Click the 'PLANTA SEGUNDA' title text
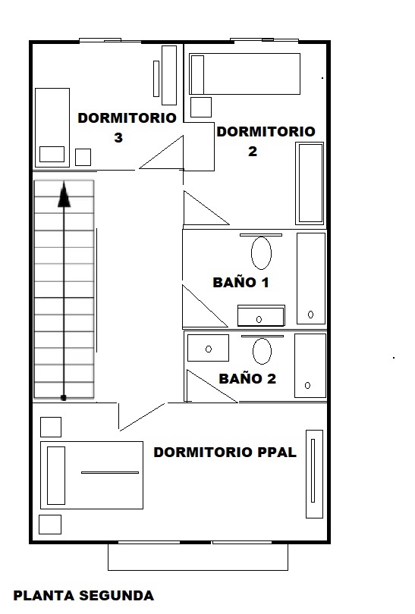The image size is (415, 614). pyautogui.click(x=83, y=596)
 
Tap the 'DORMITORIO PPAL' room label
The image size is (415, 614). pyautogui.click(x=225, y=453)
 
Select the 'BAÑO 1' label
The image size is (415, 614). pyautogui.click(x=241, y=282)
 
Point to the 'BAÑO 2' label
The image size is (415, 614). pyautogui.click(x=247, y=379)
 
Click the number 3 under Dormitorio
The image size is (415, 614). pyautogui.click(x=118, y=137)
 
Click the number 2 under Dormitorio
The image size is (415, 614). pyautogui.click(x=253, y=151)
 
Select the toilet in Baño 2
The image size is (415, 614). pyautogui.click(x=263, y=350)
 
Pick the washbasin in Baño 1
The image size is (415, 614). pyautogui.click(x=261, y=315)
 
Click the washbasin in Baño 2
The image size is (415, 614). pyautogui.click(x=208, y=348)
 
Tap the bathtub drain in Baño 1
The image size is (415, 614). pyautogui.click(x=311, y=315)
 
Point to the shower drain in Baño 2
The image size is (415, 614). pyautogui.click(x=307, y=385)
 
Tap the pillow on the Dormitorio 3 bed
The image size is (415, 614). pyautogui.click(x=52, y=155)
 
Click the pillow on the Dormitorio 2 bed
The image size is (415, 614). pyautogui.click(x=197, y=74)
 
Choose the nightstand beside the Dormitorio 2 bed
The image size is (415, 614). pyautogui.click(x=201, y=107)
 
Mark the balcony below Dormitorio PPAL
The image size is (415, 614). pyautogui.click(x=198, y=556)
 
